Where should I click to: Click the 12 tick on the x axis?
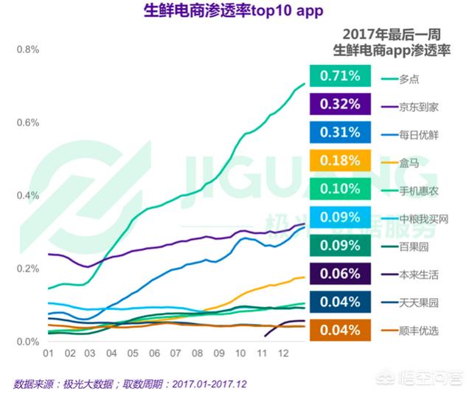pos(282,354)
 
